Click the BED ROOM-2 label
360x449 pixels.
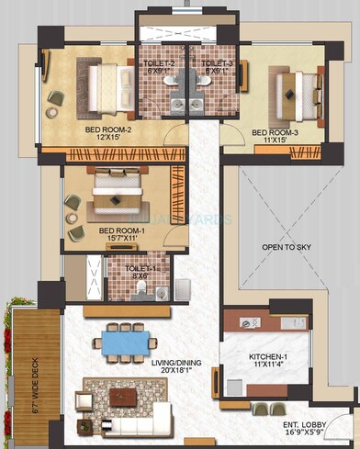(x=110, y=129)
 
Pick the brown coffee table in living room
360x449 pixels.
(x=122, y=396)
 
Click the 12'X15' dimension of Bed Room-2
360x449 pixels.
(x=110, y=139)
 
